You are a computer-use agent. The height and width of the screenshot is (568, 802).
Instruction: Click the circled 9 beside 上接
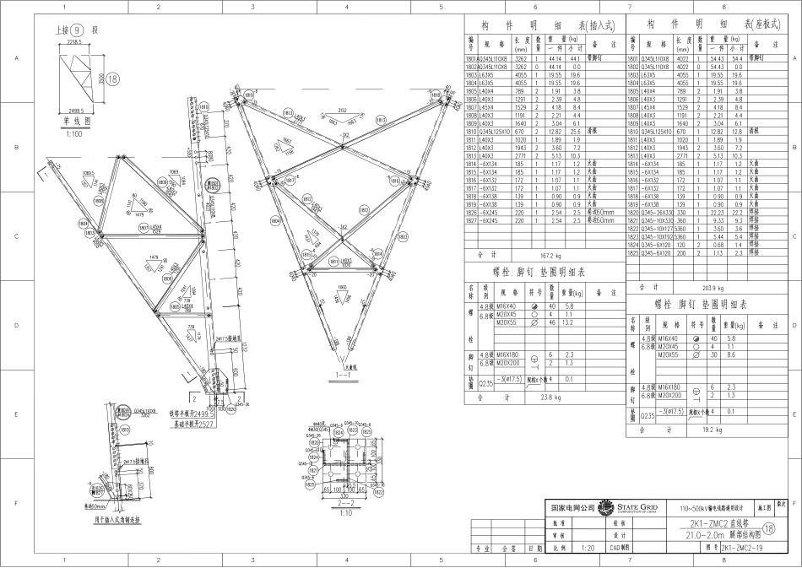pos(77,30)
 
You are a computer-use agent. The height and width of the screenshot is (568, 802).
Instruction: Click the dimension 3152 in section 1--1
pos(341,110)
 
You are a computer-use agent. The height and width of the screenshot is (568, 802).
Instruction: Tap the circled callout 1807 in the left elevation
pos(144,228)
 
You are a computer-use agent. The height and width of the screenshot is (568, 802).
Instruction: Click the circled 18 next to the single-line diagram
pos(114,78)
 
